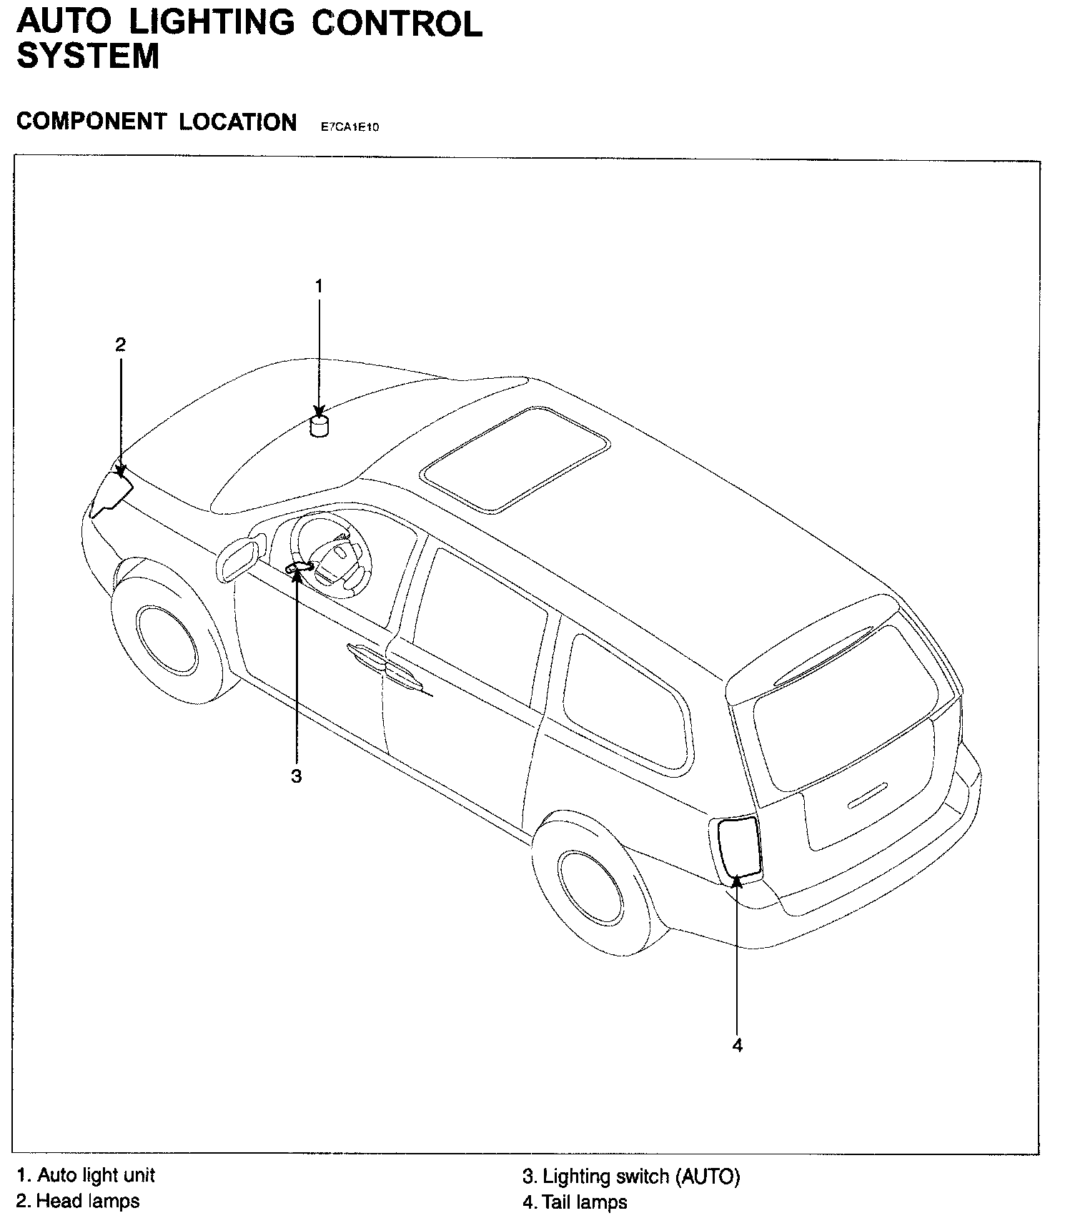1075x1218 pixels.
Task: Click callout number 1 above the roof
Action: [x=319, y=286]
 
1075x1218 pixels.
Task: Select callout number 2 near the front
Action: [x=120, y=345]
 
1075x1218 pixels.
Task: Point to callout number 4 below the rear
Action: [x=738, y=1045]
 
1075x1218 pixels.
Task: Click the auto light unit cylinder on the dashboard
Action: [x=320, y=426]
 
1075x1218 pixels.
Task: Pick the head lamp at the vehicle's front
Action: [x=112, y=490]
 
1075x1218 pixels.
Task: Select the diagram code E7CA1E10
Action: [x=350, y=127]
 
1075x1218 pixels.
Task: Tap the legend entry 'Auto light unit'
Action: [x=86, y=1175]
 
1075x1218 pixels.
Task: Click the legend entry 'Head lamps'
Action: [x=78, y=1201]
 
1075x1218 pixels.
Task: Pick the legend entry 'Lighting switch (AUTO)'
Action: [x=631, y=1177]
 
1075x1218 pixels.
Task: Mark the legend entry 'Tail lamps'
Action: [x=575, y=1202]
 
